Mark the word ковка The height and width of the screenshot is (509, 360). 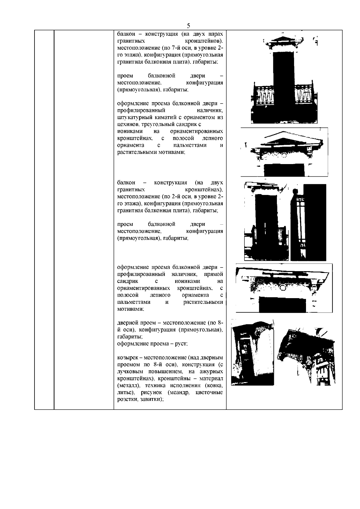[x=215, y=386]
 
